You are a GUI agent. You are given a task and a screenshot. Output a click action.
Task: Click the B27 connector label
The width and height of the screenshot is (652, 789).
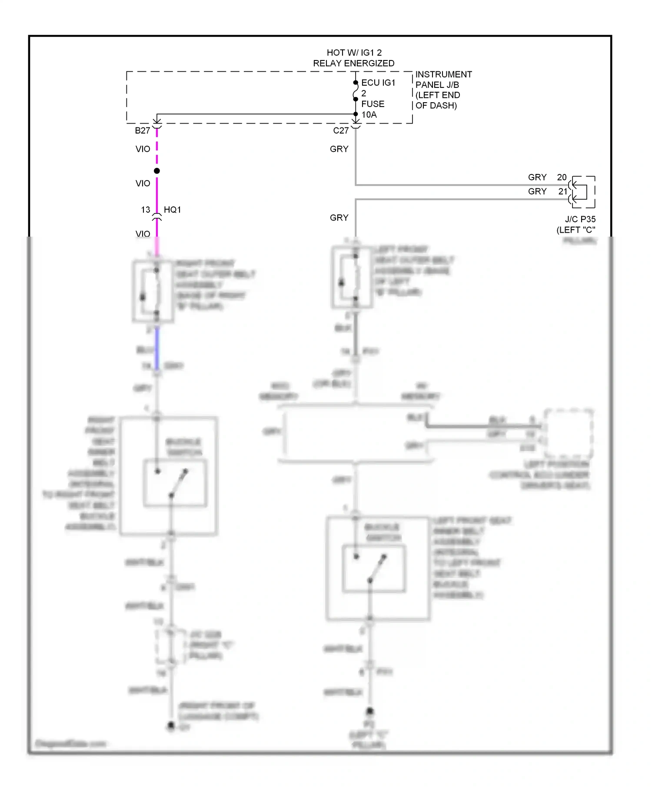tap(142, 130)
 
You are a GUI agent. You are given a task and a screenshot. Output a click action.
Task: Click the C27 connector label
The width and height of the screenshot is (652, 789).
tap(340, 130)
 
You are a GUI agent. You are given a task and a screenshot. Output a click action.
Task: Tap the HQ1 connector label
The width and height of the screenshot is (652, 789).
tap(172, 210)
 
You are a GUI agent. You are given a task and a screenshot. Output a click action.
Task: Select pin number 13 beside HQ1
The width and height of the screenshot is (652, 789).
tap(146, 210)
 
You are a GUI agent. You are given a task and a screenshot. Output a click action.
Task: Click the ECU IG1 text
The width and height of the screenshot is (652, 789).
tap(378, 83)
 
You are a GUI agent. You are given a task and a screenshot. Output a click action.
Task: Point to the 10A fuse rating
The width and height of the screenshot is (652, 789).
tap(369, 115)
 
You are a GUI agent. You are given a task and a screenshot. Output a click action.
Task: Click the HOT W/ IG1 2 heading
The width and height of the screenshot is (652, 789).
tap(354, 53)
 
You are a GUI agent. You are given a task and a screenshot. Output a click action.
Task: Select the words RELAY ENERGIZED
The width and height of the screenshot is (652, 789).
tap(354, 64)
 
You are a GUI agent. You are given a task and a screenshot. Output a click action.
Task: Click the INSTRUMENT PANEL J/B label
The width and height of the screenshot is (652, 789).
tap(443, 80)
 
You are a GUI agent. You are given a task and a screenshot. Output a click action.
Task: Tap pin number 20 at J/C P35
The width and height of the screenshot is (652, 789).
tap(562, 177)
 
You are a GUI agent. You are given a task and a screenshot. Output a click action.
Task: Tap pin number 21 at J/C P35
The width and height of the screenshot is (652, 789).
tap(562, 191)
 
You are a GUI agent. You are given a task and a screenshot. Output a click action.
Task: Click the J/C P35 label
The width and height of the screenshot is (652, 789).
tap(580, 219)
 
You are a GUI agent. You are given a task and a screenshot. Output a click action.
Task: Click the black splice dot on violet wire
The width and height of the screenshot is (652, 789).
tap(157, 171)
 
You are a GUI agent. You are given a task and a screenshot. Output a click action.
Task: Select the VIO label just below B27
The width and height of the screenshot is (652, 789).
tap(143, 149)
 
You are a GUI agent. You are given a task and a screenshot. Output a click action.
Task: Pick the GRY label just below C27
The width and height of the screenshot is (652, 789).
tap(339, 149)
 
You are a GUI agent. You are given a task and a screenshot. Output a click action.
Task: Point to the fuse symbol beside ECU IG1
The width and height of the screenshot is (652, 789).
tap(356, 91)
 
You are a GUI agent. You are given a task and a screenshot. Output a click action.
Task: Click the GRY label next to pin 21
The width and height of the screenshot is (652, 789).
tap(537, 191)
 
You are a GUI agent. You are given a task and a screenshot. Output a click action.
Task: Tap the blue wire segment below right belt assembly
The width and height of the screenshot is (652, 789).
tap(157, 348)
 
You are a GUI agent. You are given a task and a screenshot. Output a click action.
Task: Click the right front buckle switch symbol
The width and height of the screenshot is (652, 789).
tap(175, 483)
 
